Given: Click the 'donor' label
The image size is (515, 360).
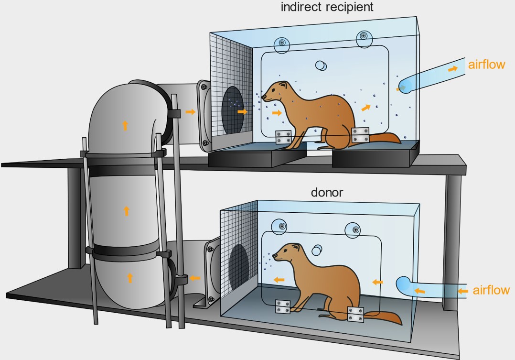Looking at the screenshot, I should point(327,192).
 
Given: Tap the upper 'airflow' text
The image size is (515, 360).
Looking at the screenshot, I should point(486,65).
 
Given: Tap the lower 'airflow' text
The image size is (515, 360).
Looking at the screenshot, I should point(491,290).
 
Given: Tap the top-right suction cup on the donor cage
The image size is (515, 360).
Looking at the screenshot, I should point(355,230).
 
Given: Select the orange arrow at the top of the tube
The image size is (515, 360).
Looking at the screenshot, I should point(125,125).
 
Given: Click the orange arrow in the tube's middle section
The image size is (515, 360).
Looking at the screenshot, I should point(127,210).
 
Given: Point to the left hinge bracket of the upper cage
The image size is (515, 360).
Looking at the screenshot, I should point(283,137).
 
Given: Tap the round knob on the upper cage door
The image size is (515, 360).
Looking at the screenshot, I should point(322,66).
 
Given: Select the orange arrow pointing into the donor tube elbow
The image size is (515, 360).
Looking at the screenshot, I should point(194,277).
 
